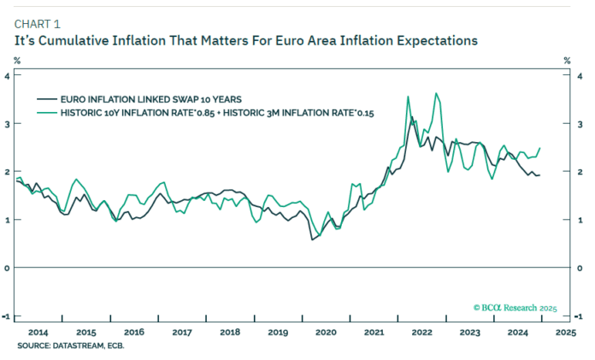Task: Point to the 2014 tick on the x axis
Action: click(38, 331)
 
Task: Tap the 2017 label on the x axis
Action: click(181, 331)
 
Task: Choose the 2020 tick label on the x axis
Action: click(325, 331)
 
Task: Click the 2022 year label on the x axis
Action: click(421, 331)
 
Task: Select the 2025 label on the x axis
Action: click(565, 331)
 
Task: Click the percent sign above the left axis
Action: click(16, 60)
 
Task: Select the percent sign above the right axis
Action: click(566, 60)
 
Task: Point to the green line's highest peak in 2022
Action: click(437, 93)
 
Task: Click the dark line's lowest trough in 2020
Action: click(312, 239)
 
